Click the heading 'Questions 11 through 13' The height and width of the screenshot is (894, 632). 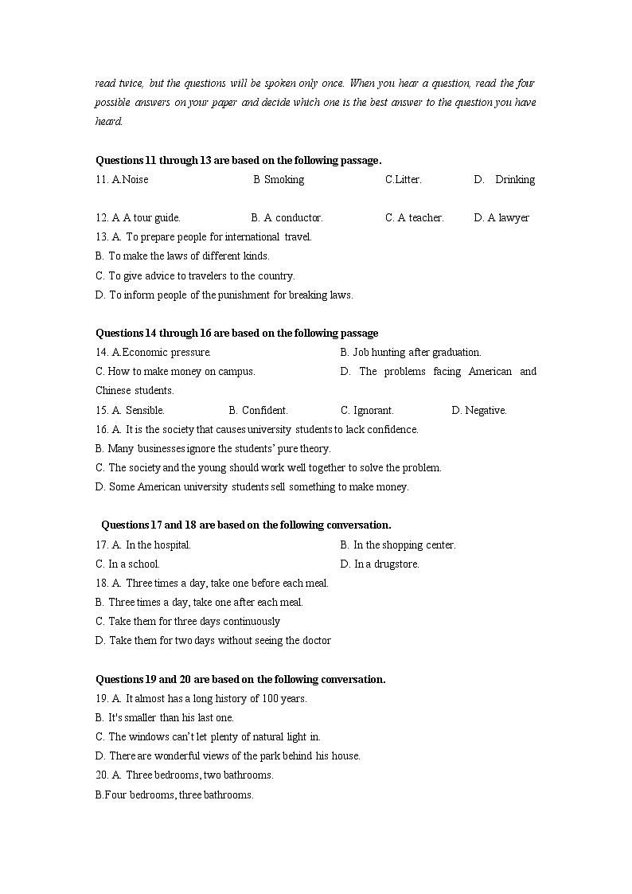[x=238, y=160]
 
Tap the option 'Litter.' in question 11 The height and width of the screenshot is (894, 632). [x=404, y=180]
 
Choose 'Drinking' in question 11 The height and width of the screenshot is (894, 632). [x=514, y=180]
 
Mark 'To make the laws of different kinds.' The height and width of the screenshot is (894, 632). [x=189, y=256]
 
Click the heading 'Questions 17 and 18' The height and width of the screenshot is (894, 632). [x=246, y=525]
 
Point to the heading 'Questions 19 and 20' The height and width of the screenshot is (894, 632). [x=240, y=680]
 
